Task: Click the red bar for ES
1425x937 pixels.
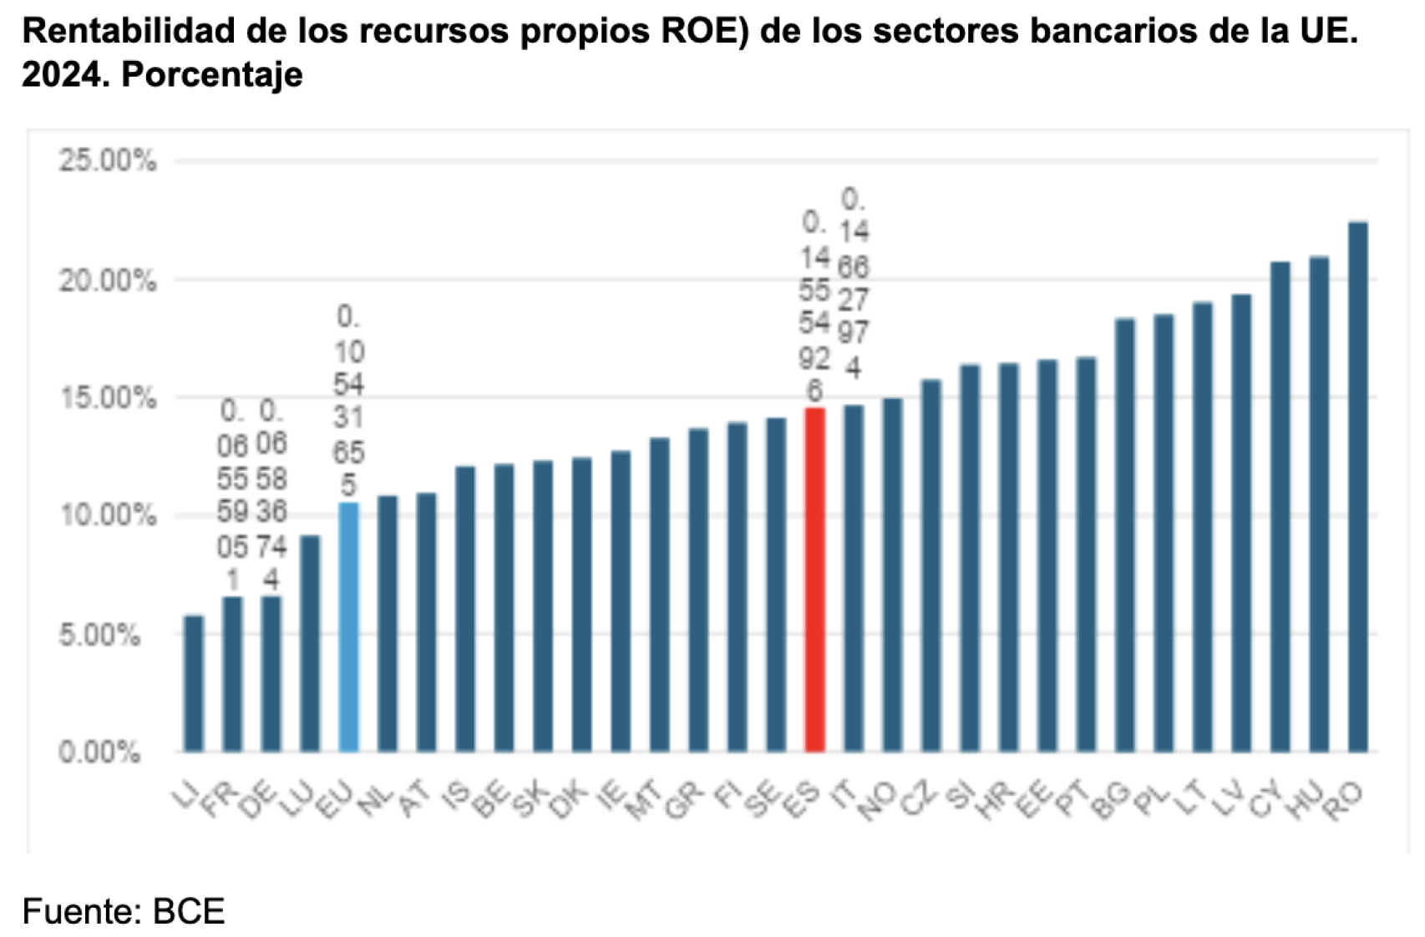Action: click(814, 580)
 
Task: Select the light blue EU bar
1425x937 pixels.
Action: click(348, 626)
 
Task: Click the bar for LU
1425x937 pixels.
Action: click(310, 643)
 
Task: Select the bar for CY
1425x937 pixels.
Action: click(1280, 506)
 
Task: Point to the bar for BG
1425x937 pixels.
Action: click(1125, 534)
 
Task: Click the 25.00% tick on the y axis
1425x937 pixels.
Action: click(107, 160)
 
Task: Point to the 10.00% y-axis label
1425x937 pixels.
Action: click(107, 515)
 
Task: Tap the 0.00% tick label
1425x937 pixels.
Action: click(99, 752)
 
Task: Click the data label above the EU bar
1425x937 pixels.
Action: click(348, 401)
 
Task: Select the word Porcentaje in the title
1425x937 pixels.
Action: click(211, 75)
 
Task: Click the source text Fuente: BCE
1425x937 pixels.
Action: click(124, 910)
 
